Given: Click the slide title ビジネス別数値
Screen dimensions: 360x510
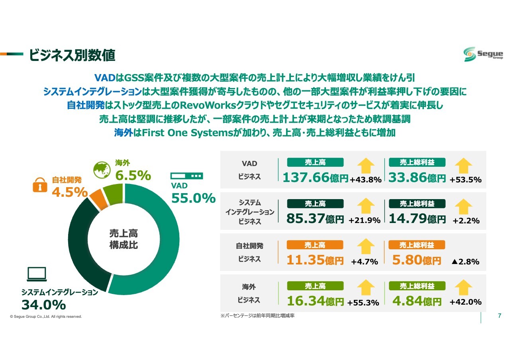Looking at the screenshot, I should [72, 56].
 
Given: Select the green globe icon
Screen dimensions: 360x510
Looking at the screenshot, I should [102, 170].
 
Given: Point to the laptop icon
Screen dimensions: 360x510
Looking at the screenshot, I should [37, 274].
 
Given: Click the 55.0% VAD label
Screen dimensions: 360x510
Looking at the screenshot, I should [193, 198].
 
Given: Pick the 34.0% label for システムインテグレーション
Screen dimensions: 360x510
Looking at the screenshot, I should [43, 305].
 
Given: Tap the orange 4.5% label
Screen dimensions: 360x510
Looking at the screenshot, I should [70, 192].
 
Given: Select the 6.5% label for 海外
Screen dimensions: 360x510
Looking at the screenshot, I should [133, 175].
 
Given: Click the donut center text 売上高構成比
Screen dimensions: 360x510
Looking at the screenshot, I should [124, 239].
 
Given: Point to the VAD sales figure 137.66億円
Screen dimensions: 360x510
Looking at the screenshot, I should [315, 178].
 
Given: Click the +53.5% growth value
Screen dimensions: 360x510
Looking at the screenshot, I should [465, 180].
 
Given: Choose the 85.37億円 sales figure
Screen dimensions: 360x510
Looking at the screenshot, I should [315, 219].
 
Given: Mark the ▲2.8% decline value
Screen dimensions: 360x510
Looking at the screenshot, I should [465, 262].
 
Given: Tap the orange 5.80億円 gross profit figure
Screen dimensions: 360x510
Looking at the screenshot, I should [416, 260].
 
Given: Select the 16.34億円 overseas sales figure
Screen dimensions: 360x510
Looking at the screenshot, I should [315, 301].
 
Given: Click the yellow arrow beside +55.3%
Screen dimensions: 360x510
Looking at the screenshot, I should [366, 288].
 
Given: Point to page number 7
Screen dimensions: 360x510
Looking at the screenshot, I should [500, 316].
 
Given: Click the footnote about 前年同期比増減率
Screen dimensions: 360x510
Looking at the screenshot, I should [257, 316].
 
